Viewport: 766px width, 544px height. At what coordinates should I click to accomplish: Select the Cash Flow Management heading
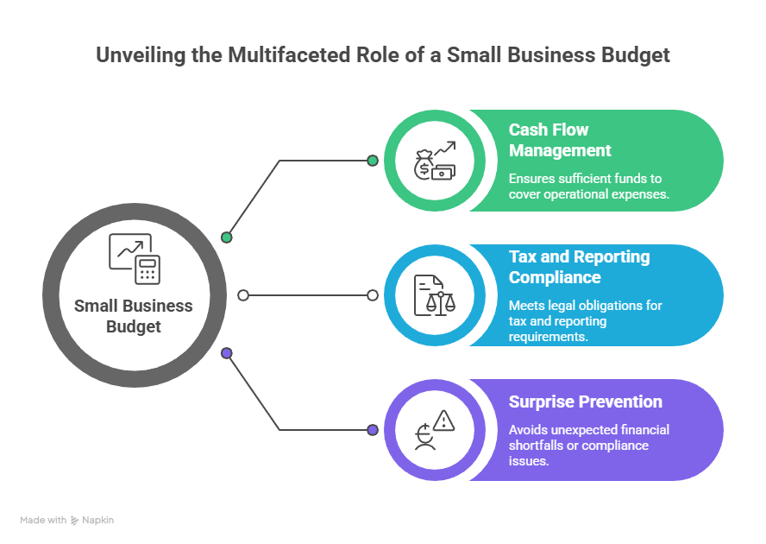560,140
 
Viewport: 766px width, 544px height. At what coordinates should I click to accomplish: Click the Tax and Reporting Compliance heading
579,267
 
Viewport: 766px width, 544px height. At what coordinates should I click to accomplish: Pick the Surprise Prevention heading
585,402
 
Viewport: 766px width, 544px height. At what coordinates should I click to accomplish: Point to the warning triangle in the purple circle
444,421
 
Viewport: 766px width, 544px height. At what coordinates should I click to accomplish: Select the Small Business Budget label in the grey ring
134,316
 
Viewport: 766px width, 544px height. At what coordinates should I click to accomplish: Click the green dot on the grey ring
227,237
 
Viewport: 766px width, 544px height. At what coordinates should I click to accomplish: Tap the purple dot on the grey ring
227,352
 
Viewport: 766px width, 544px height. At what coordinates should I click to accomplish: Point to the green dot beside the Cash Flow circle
372,161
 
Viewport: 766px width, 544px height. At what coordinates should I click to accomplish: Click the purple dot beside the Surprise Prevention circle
372,429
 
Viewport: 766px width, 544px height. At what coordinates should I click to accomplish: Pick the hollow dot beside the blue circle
372,295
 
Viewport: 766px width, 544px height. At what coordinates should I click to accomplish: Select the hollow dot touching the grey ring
242,295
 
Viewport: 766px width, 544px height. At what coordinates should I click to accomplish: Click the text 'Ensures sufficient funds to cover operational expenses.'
588,187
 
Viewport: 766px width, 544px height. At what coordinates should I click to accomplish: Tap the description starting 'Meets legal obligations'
586,320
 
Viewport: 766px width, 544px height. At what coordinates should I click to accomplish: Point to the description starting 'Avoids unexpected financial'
588,445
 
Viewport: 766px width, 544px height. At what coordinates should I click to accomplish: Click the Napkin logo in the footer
92,521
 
